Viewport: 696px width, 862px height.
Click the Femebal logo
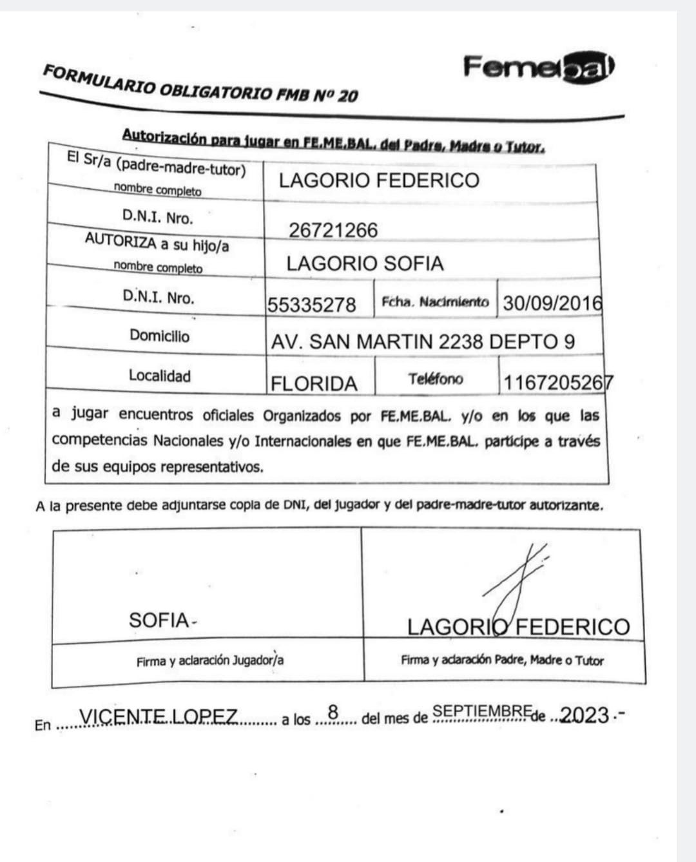539,67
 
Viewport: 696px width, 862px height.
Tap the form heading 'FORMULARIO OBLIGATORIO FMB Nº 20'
200,83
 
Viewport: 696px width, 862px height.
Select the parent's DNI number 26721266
333,230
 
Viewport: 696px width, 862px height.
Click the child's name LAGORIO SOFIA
365,263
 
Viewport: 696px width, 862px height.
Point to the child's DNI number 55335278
312,304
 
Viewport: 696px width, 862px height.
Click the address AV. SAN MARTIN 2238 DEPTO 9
423,341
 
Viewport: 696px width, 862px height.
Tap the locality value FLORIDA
314,384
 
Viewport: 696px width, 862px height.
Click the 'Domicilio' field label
159,336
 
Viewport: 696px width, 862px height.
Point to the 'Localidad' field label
159,376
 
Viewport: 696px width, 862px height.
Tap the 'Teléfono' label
435,379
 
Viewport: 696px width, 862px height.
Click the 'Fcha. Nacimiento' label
435,302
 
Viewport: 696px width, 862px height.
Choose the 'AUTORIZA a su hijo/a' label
157,244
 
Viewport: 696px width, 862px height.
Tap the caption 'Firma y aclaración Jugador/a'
210,661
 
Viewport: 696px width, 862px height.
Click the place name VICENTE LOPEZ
158,716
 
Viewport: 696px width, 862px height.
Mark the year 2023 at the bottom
585,715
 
